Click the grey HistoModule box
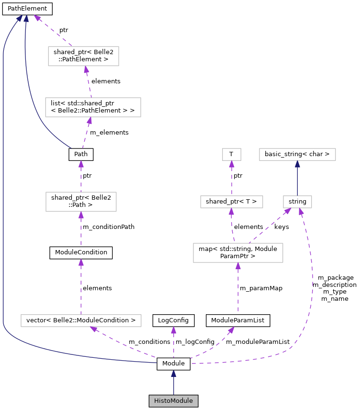pos(173,401)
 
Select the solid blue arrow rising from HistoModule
pos(173,383)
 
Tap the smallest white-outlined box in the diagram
pos(232,154)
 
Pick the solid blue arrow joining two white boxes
pos(297,178)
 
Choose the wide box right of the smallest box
pos(297,154)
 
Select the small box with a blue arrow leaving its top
pos(297,202)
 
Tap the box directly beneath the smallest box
pos(232,202)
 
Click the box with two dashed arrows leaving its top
pos(238,253)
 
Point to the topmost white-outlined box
pos(83,56)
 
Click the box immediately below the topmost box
pos(93,107)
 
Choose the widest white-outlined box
pos(81,320)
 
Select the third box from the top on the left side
pos(81,202)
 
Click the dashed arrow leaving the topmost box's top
pos(53,31)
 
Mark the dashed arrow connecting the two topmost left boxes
pos(89,82)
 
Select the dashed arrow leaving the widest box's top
pos(81,287)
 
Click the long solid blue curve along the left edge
pos(3,192)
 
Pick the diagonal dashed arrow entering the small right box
pos(270,226)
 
